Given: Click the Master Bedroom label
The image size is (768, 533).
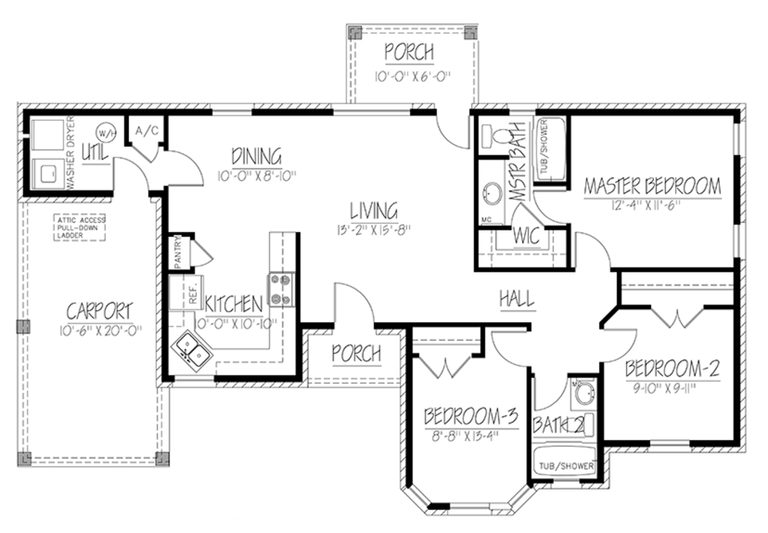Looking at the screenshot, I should point(652,185).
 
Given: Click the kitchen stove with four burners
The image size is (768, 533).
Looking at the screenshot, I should point(281,290).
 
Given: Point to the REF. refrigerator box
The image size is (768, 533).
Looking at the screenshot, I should point(183,293).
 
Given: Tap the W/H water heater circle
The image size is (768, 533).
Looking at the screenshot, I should point(107,133).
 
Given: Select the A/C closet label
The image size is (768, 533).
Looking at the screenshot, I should point(145,131).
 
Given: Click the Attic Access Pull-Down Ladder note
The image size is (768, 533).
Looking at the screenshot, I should point(79,227).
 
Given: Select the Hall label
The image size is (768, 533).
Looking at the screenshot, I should point(517,298).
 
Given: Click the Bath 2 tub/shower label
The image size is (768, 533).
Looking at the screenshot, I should point(565,466).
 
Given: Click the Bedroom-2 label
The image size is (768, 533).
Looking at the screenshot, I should point(672,369).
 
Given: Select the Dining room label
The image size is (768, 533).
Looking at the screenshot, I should point(256,157).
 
